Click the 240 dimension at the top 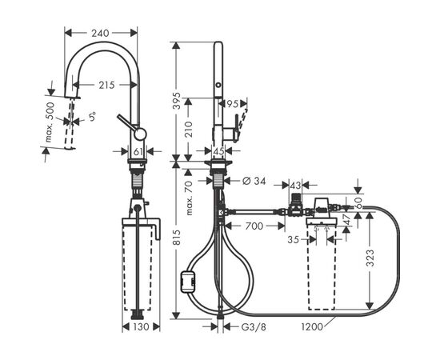tap(100, 33)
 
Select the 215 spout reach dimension tap(106, 85)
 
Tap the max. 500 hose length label tap(50, 122)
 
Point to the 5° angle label tap(92, 117)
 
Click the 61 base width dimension tap(138, 152)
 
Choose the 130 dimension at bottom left tap(141, 327)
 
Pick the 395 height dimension tap(176, 101)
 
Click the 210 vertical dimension tap(189, 130)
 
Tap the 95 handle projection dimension tap(232, 104)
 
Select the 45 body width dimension tap(218, 151)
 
